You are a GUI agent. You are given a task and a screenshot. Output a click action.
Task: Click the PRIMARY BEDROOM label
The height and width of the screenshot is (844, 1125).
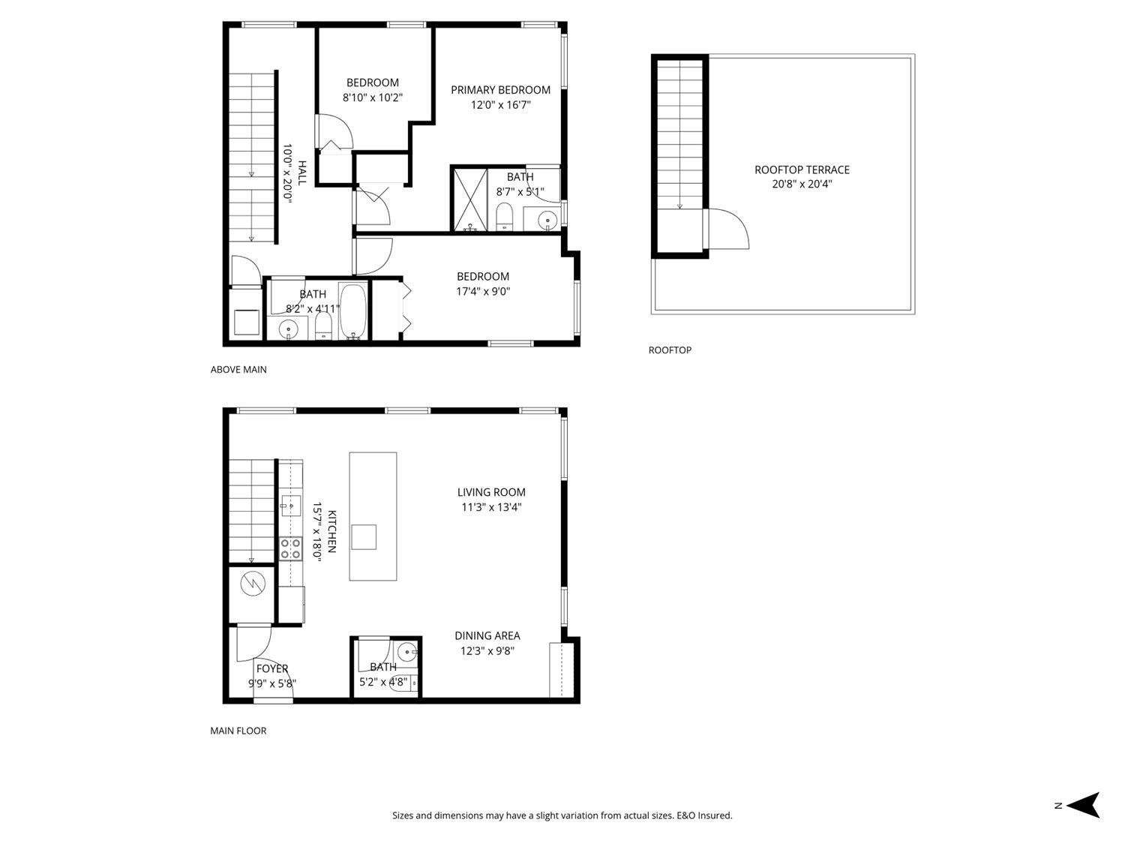[x=500, y=89]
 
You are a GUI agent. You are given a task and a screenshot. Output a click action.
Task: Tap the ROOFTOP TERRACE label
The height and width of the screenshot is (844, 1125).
[x=802, y=170]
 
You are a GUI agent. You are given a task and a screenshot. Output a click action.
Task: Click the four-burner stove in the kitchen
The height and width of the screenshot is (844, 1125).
[x=290, y=548]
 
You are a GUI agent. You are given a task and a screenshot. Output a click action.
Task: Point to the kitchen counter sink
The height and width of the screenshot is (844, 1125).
[x=289, y=506]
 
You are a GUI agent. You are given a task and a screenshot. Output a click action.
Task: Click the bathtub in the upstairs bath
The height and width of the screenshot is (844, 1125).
[x=352, y=311]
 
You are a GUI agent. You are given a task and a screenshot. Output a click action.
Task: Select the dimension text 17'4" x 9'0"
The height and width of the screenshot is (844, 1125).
[x=483, y=292]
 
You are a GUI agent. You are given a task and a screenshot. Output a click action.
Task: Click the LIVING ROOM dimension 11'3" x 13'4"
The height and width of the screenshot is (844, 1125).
[x=491, y=507]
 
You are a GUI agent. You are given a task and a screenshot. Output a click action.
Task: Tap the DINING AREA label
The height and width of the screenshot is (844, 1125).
[x=487, y=635]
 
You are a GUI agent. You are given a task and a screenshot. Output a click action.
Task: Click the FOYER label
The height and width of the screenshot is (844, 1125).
[x=271, y=668]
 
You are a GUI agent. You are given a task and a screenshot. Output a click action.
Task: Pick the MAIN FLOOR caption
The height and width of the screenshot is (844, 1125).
[x=238, y=730]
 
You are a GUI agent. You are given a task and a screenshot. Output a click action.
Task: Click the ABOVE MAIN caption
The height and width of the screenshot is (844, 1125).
[x=238, y=369]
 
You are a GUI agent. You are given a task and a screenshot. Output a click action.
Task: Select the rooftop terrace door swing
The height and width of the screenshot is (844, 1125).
[x=727, y=230]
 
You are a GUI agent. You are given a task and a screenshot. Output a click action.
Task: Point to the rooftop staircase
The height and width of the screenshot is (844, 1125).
[x=679, y=135]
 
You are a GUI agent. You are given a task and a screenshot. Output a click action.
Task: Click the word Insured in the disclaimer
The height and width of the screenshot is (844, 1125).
[x=715, y=815]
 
